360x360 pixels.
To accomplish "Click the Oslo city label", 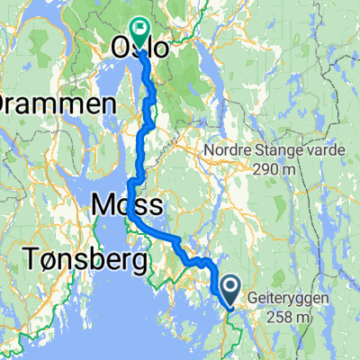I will pyautogui.click(x=139, y=49).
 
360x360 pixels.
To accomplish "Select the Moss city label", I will pyautogui.click(x=126, y=207).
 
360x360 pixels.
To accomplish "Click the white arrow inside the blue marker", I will pyautogui.click(x=230, y=286).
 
